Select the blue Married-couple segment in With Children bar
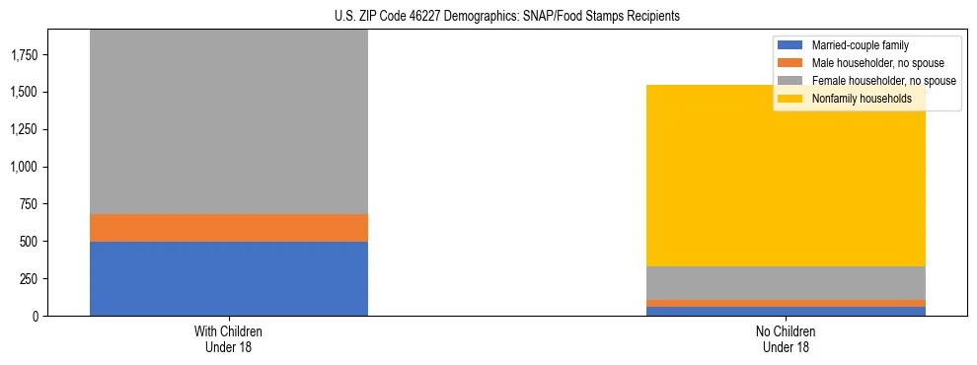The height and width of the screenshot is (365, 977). pos(229,278)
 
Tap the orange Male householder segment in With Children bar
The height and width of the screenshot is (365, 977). pos(229,228)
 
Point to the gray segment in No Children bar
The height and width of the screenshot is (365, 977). pos(786,283)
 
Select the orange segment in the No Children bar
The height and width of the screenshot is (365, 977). pos(786,303)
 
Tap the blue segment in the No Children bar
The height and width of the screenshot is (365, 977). pos(786,311)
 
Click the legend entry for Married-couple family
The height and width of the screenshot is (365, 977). pos(860,45)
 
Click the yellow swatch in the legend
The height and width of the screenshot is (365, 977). pos(789,99)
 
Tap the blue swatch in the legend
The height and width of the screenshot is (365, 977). pos(789,45)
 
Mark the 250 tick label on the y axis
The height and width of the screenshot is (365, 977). pos(29,279)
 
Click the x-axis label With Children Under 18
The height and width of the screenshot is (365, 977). pos(229,338)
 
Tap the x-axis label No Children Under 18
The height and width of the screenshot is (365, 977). pos(786,338)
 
